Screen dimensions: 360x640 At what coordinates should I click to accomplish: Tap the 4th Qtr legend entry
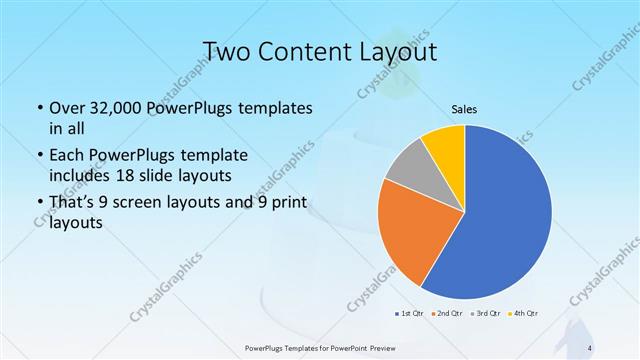click(x=524, y=314)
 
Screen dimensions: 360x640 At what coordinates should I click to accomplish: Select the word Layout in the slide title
click(x=394, y=52)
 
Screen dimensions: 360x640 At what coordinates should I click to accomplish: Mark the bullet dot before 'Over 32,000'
click(x=38, y=107)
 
